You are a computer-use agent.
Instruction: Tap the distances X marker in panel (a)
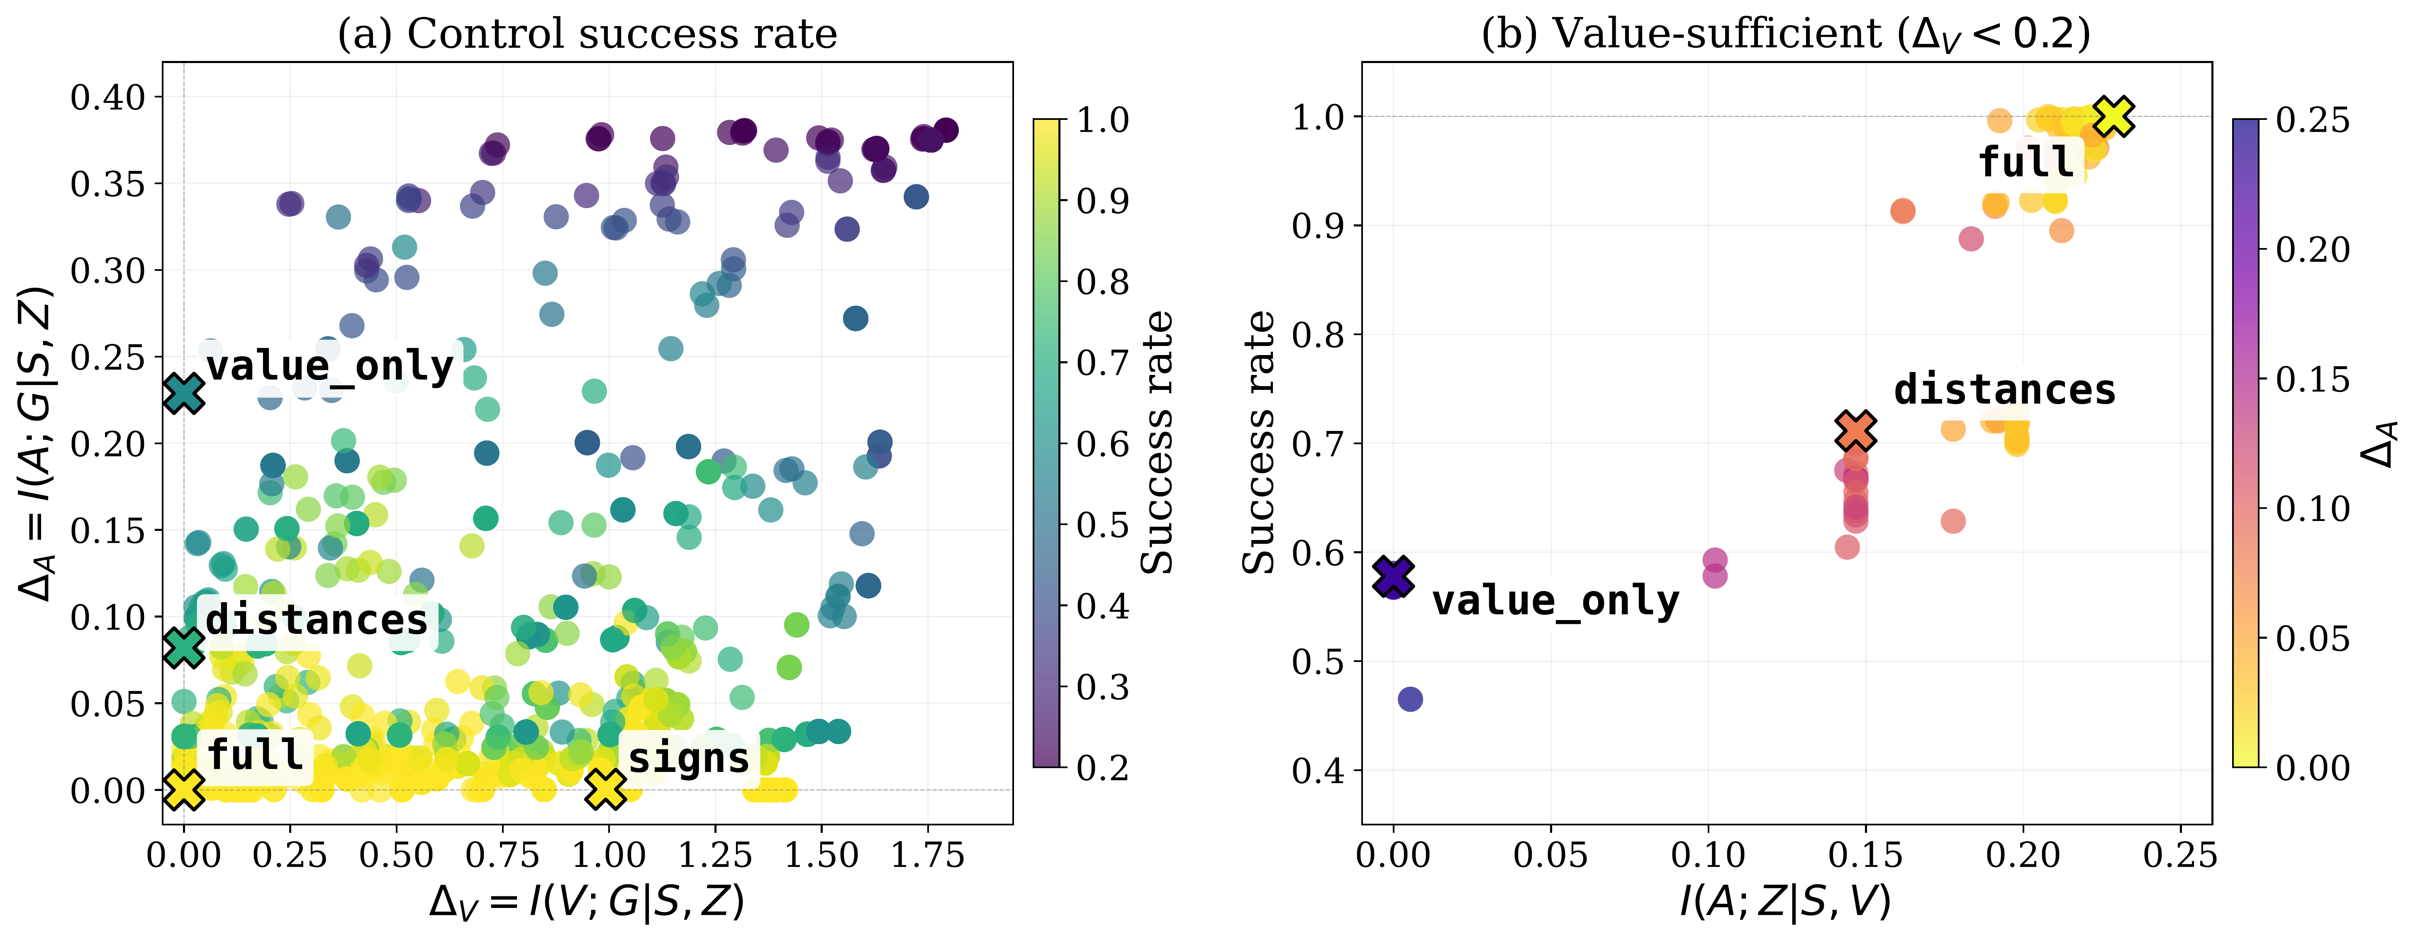click(x=184, y=647)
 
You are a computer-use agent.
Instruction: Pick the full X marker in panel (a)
click(x=184, y=789)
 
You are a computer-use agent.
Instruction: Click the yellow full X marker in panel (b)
click(x=2114, y=117)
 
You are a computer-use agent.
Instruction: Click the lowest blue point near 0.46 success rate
click(x=1410, y=699)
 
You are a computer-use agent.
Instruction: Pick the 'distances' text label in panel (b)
click(x=2005, y=389)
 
